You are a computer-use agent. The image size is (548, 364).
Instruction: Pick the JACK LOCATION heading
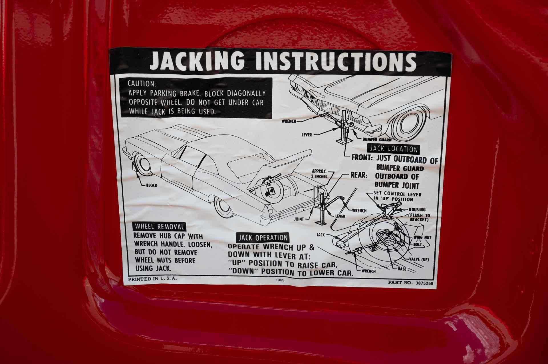[394, 149]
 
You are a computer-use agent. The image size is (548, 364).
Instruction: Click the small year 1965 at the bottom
[280, 280]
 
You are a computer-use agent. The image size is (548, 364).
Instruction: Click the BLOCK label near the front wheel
[151, 185]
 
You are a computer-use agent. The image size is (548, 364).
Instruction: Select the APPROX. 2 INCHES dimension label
[320, 174]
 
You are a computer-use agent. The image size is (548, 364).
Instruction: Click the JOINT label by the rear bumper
[299, 219]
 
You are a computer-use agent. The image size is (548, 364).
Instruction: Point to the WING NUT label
[422, 237]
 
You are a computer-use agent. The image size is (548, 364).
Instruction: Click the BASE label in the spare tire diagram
[402, 269]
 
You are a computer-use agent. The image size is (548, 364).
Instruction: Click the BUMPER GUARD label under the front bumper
[377, 140]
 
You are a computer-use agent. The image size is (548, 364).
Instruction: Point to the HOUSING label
[417, 210]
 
